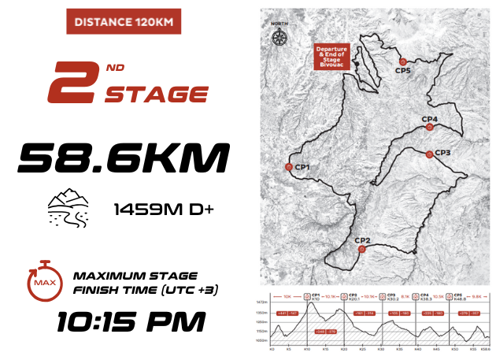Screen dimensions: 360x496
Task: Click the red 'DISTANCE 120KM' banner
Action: tap(121, 21)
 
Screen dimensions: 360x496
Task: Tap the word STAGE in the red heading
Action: tap(157, 95)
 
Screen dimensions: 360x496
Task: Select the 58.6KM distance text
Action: tap(123, 158)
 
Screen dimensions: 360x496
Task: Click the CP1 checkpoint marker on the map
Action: tap(289, 167)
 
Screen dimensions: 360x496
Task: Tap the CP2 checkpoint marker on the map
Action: tap(361, 249)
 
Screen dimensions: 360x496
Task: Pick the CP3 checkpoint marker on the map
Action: tap(428, 154)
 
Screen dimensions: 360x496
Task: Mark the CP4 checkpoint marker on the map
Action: tap(429, 127)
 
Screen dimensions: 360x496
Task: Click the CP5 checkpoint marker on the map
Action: tap(402, 61)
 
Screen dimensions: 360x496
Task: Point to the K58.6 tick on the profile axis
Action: tap(486, 349)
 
